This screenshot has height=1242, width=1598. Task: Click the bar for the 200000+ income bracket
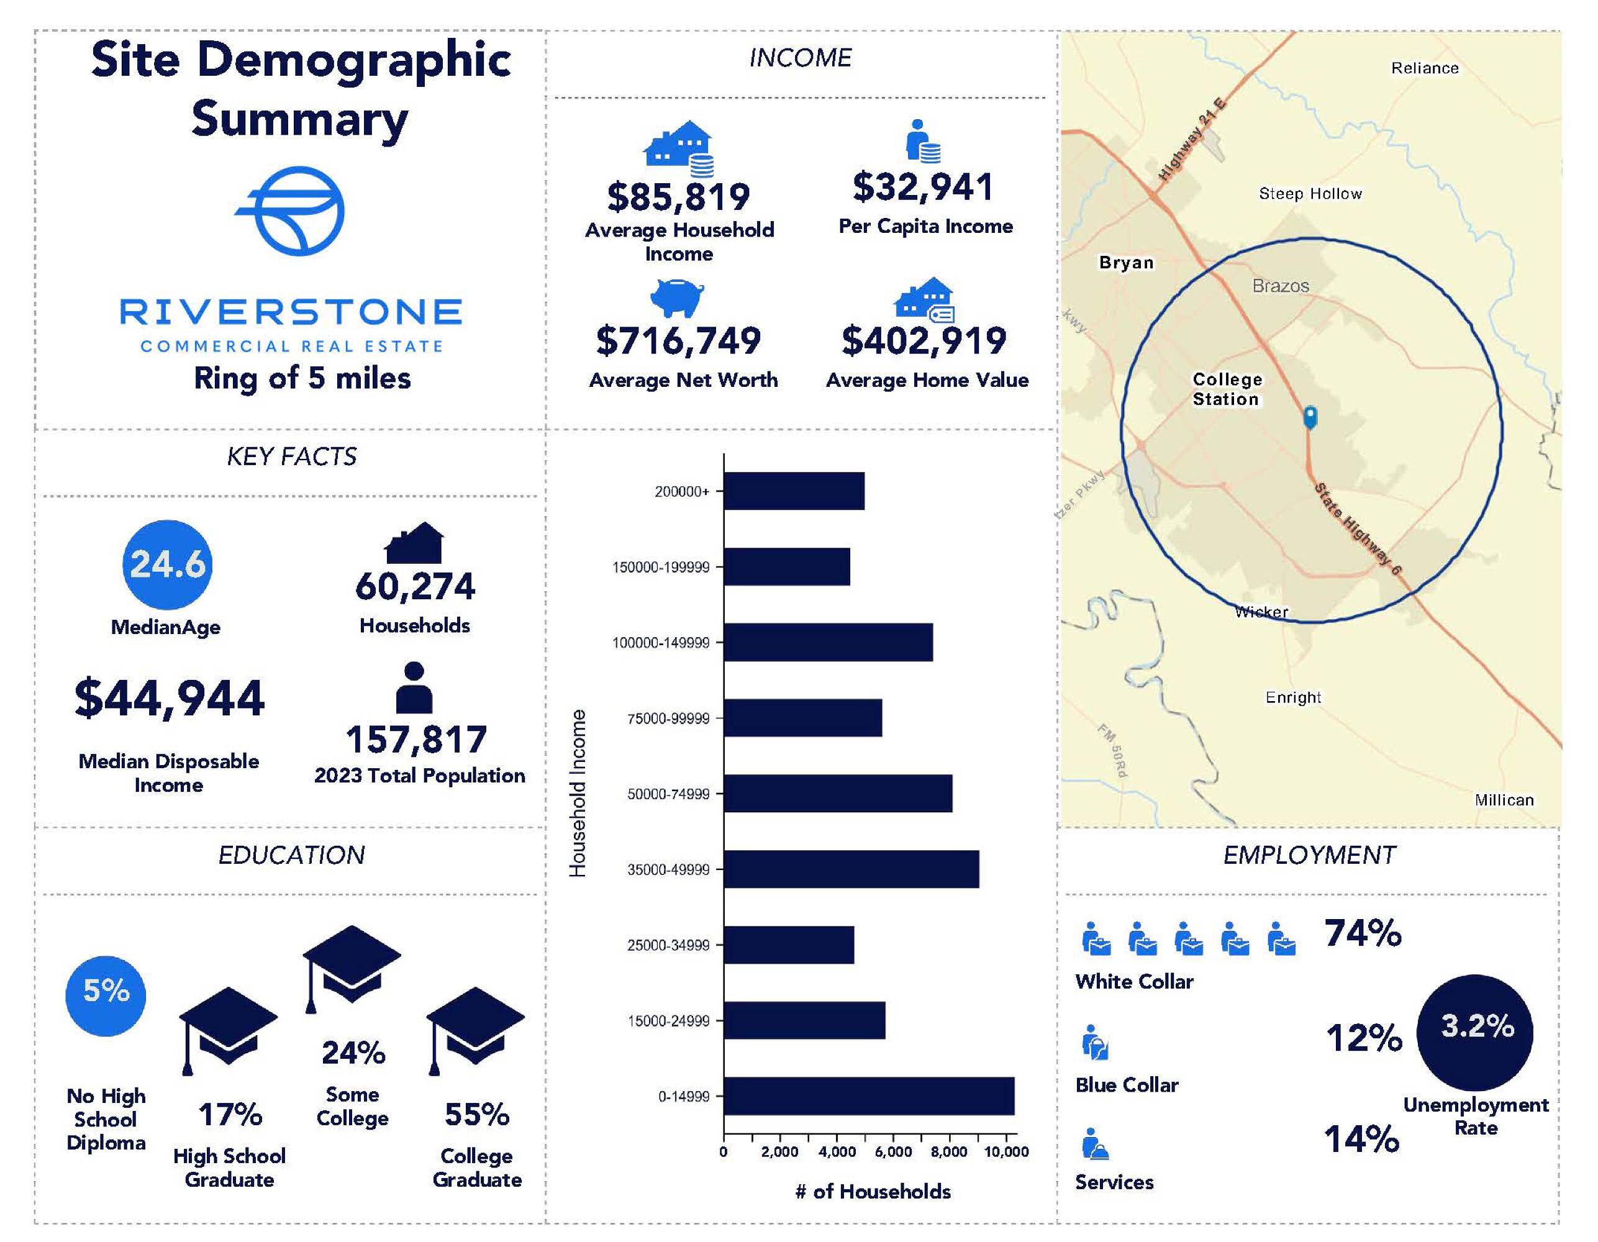pyautogui.click(x=793, y=491)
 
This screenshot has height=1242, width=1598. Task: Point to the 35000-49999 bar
pyautogui.click(x=851, y=869)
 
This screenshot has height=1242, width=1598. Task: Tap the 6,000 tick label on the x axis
pyautogui.click(x=892, y=1152)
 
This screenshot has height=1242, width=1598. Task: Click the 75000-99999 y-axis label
pyautogui.click(x=668, y=718)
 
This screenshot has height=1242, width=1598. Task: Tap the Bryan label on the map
pyautogui.click(x=1126, y=263)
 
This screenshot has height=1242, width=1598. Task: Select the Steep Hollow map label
pyautogui.click(x=1310, y=194)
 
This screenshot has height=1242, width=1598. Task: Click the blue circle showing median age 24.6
pyautogui.click(x=168, y=564)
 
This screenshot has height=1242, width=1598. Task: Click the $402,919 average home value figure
pyautogui.click(x=924, y=341)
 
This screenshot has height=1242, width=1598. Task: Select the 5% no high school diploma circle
pyautogui.click(x=106, y=995)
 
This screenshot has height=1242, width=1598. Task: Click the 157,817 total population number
pyautogui.click(x=416, y=739)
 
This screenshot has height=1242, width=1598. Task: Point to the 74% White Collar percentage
pyautogui.click(x=1363, y=933)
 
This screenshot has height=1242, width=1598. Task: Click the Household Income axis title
pyautogui.click(x=578, y=793)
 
